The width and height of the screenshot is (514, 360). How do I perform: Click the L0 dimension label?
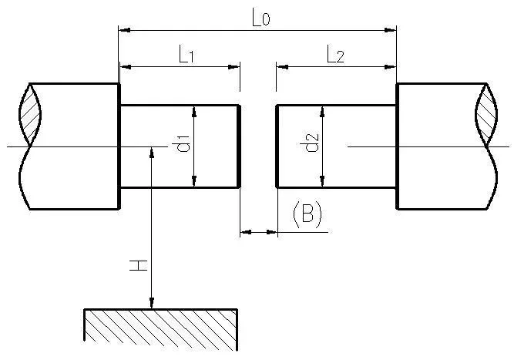click(261, 18)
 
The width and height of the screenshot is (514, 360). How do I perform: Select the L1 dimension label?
click(186, 54)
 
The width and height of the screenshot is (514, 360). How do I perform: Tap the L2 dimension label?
click(335, 54)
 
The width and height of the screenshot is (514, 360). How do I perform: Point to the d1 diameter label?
click(183, 145)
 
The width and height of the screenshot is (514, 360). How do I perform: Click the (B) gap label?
click(307, 215)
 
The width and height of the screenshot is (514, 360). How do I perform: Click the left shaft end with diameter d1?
click(179, 146)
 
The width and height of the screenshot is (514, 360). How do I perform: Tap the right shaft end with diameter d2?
click(337, 146)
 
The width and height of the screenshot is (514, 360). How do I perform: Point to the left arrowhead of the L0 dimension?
click(123, 30)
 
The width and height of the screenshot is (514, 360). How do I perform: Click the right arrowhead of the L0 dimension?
click(391, 30)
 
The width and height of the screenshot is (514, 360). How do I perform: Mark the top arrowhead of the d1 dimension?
click(194, 111)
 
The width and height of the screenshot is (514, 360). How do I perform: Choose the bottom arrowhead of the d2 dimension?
click(322, 182)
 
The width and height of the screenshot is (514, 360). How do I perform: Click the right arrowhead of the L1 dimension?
click(236, 67)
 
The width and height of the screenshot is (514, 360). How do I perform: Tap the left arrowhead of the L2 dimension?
click(281, 67)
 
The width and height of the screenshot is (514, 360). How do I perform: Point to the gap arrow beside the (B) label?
click(258, 230)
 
